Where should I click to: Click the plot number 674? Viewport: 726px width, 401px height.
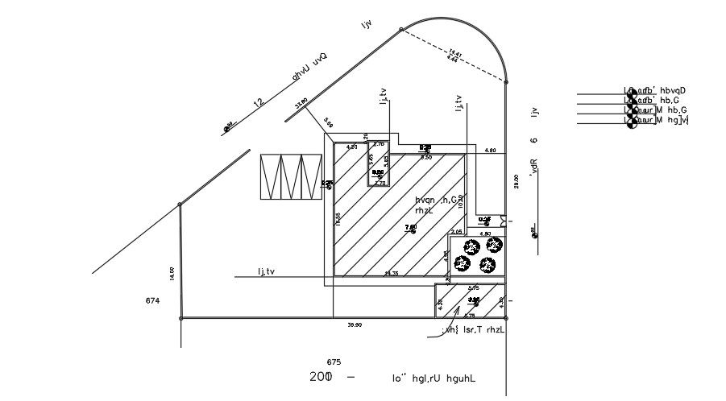pos(152,300)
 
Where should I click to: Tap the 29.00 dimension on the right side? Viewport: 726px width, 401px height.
pos(515,182)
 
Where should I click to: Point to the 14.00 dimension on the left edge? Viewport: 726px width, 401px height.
pos(172,273)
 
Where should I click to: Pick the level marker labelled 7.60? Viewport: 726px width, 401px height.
pos(410,228)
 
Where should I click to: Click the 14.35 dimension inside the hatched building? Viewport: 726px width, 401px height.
pos(392,274)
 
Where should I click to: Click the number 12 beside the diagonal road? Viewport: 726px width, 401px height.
pos(259,102)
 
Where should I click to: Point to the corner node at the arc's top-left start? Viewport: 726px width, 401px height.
pos(401,30)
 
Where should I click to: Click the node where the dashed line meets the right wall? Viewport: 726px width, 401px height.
pos(506,81)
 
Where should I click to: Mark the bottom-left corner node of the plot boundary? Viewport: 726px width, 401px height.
pos(180,318)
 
